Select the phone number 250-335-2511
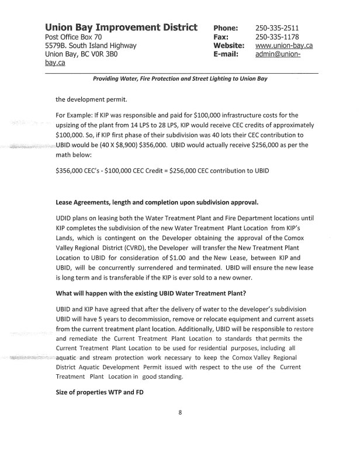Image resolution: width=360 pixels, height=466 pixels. pos(277,28)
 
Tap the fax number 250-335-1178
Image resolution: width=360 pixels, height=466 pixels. pos(277,37)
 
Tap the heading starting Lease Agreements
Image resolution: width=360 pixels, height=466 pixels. pos(157,202)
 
